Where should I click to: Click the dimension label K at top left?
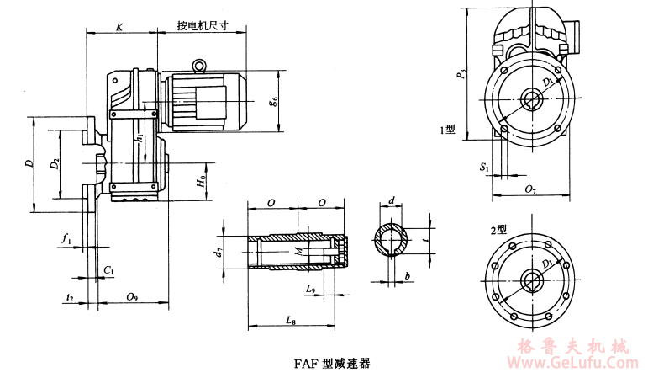click(x=119, y=27)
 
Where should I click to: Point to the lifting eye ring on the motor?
click(x=200, y=64)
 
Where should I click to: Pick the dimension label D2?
click(x=55, y=163)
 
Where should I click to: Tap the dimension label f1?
click(x=66, y=239)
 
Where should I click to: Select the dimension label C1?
click(x=108, y=269)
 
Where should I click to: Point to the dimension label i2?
click(x=71, y=297)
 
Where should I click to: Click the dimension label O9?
click(x=133, y=296)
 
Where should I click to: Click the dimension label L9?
click(x=310, y=289)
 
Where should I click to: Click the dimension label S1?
click(x=484, y=168)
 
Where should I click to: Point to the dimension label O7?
click(x=529, y=190)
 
